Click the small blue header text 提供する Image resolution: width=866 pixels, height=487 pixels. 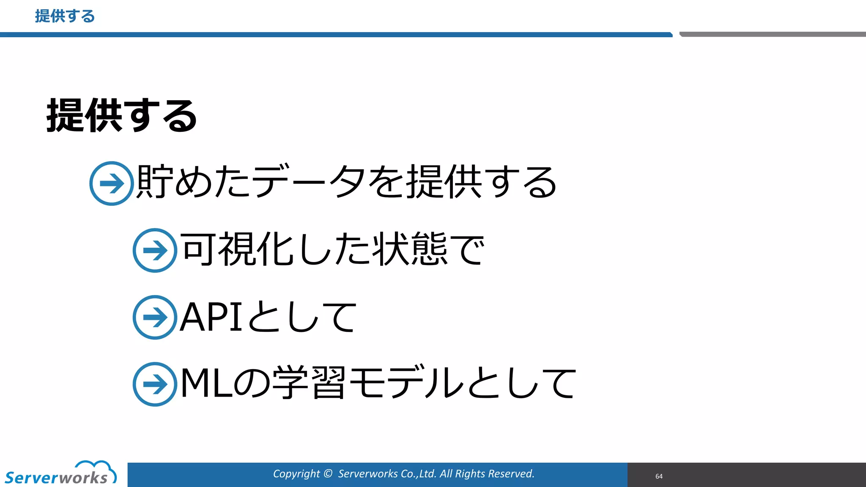(x=65, y=16)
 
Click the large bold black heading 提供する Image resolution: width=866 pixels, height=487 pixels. (x=122, y=115)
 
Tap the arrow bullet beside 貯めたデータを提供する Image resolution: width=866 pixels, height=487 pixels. (x=112, y=183)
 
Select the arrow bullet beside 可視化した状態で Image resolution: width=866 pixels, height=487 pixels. (x=155, y=250)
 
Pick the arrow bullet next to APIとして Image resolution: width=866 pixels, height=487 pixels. (x=155, y=317)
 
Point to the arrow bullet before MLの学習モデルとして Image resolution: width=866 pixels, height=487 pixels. (x=155, y=384)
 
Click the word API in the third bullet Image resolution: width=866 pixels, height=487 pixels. (x=211, y=317)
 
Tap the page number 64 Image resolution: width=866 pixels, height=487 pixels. (x=659, y=476)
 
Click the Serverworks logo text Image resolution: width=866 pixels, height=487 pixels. (x=56, y=478)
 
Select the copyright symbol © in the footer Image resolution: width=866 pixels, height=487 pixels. (x=328, y=474)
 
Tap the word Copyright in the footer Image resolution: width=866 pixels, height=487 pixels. (x=296, y=474)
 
